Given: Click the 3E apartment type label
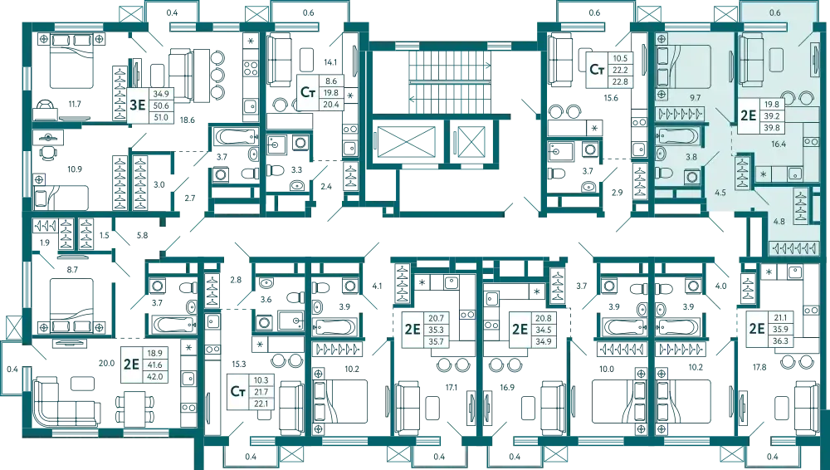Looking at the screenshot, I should tap(138, 105).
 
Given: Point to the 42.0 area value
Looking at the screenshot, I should tap(155, 376).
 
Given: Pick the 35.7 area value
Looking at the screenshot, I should tap(437, 341).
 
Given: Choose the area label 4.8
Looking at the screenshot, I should tap(779, 222).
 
